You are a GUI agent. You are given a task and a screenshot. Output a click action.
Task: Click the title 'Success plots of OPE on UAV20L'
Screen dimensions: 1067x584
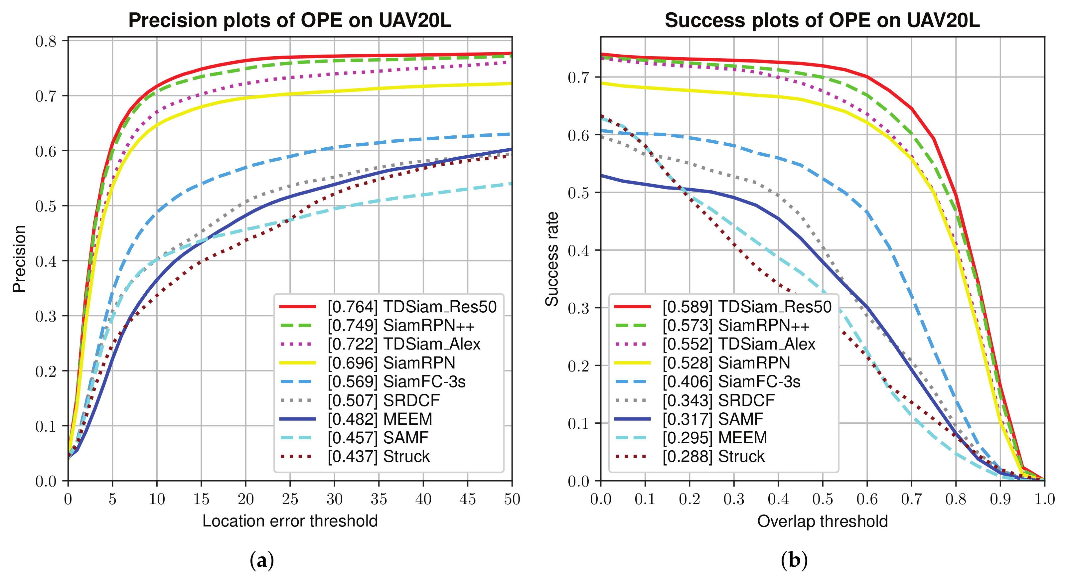[x=822, y=20]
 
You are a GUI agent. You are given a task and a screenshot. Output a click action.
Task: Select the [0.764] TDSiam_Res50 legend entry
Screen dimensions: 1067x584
[x=388, y=307]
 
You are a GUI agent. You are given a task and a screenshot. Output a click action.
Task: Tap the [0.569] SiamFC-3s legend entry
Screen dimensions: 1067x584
[x=373, y=381]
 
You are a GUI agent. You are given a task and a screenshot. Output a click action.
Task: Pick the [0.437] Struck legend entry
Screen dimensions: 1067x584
[x=355, y=456]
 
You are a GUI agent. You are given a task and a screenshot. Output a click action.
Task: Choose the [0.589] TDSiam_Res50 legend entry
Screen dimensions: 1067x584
[x=723, y=307]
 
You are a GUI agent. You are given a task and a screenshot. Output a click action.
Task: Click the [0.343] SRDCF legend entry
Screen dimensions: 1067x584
[x=694, y=400]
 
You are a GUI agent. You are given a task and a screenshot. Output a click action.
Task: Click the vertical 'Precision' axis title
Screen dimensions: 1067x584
[x=19, y=259]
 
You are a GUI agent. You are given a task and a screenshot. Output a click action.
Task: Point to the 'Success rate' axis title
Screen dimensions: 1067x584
[x=552, y=259]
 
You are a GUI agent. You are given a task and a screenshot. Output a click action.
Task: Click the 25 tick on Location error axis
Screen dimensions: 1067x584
[x=290, y=499]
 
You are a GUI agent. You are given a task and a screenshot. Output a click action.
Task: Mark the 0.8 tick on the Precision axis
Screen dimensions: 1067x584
[x=46, y=41]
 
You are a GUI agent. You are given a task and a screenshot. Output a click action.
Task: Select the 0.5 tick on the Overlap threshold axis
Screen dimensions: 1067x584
[x=823, y=499]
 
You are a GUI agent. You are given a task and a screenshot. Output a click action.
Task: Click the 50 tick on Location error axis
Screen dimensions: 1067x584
[x=512, y=499]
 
